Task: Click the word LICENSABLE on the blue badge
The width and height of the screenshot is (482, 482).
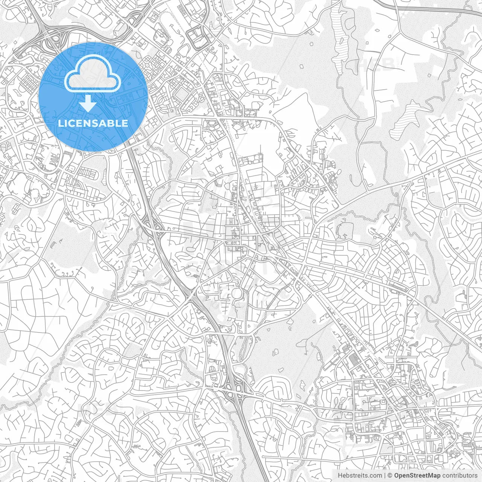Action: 93,123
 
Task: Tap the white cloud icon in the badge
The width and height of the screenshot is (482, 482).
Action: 93,75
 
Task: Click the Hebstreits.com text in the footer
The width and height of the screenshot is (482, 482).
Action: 360,476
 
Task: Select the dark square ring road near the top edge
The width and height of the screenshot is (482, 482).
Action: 198,38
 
